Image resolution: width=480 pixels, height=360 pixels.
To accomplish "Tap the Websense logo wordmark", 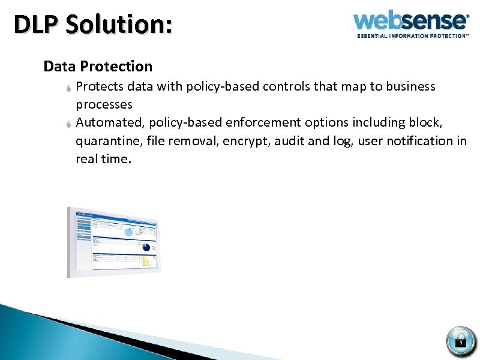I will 410,21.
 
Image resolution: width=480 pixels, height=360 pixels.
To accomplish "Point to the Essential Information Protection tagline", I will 413,36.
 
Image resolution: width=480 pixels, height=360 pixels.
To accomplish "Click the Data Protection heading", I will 98,66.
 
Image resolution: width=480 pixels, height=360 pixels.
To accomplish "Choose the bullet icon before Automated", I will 69,124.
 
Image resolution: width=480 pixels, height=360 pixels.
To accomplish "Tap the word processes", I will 104,105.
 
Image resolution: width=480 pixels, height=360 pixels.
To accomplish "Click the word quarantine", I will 105,142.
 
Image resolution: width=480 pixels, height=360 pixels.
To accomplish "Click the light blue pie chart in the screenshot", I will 128,231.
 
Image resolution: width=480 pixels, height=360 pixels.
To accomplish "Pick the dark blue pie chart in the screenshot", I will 146,247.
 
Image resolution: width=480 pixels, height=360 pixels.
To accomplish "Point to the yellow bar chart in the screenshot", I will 146,262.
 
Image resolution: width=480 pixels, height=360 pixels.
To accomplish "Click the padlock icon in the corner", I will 461,341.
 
